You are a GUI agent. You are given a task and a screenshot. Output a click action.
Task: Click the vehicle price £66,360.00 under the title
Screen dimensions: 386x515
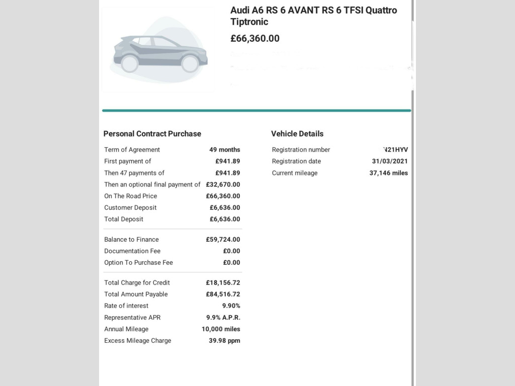pyautogui.click(x=255, y=39)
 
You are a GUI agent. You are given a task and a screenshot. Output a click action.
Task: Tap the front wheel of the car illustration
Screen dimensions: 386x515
pyautogui.click(x=190, y=63)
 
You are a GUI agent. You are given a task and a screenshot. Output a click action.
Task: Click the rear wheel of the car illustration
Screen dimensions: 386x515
pyautogui.click(x=130, y=63)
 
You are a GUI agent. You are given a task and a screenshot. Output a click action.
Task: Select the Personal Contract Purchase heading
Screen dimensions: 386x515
pyautogui.click(x=152, y=134)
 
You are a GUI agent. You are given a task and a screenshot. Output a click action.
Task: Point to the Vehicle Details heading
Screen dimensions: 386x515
pyautogui.click(x=297, y=134)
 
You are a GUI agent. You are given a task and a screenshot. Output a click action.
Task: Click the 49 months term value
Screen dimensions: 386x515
pyautogui.click(x=225, y=150)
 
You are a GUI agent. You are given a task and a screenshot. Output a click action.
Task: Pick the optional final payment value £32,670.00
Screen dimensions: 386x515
pyautogui.click(x=223, y=184)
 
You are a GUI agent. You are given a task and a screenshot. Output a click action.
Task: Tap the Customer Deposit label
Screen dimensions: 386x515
pyautogui.click(x=130, y=208)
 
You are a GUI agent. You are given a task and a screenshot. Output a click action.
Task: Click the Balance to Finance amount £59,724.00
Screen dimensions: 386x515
pyautogui.click(x=223, y=240)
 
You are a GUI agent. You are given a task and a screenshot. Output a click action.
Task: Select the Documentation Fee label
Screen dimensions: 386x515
pyautogui.click(x=132, y=251)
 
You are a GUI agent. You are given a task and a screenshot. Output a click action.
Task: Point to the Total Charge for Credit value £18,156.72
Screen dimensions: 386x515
pyautogui.click(x=223, y=283)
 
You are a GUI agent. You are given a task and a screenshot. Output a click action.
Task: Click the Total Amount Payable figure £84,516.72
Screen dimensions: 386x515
pyautogui.click(x=223, y=295)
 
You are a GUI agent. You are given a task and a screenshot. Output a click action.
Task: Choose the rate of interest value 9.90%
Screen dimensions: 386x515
pyautogui.click(x=231, y=306)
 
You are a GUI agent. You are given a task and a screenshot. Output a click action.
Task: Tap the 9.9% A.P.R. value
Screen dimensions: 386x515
pyautogui.click(x=223, y=318)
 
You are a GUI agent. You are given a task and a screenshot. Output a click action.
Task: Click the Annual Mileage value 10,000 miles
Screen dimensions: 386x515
pyautogui.click(x=221, y=329)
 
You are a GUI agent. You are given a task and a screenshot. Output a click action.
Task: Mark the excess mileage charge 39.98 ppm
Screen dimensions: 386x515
pyautogui.click(x=224, y=341)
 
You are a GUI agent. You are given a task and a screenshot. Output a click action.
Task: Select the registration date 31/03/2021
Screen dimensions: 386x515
pyautogui.click(x=386, y=161)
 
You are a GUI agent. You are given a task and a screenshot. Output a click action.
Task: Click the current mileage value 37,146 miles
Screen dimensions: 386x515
pyautogui.click(x=389, y=173)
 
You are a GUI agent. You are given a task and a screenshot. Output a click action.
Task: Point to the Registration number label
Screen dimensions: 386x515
pyautogui.click(x=301, y=150)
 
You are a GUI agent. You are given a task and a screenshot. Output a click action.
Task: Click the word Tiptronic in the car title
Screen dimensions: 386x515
pyautogui.click(x=249, y=22)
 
